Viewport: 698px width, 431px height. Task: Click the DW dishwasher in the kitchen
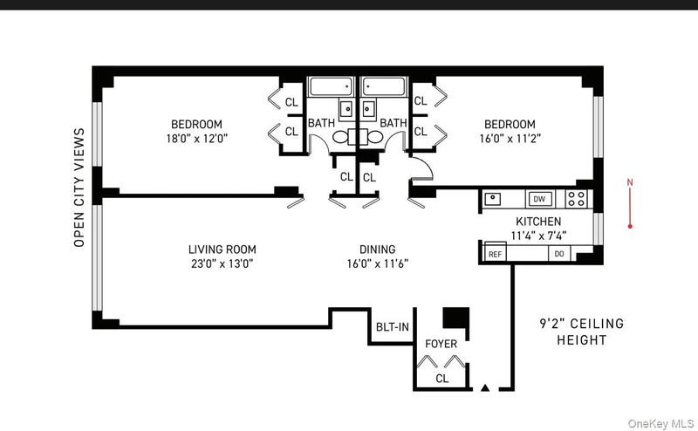click(x=539, y=199)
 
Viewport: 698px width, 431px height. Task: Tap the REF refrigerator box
click(x=495, y=252)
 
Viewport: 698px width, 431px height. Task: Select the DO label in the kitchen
click(x=559, y=253)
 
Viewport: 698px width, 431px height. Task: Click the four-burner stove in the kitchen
click(x=577, y=199)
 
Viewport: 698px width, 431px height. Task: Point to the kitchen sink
click(x=493, y=199)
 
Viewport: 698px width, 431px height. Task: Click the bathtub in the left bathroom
click(x=332, y=86)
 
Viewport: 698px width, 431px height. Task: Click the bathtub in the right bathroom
click(x=383, y=86)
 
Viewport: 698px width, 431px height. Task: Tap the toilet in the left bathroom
click(x=344, y=137)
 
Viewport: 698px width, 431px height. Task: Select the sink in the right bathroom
click(x=367, y=108)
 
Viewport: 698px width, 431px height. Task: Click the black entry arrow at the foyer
click(x=485, y=387)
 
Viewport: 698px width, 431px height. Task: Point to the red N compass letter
click(x=630, y=182)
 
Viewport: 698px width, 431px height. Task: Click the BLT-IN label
click(x=392, y=327)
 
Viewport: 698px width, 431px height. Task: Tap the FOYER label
click(x=441, y=344)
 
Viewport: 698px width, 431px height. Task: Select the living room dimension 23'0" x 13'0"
click(x=222, y=263)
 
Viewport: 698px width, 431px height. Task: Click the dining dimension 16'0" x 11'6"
click(x=378, y=263)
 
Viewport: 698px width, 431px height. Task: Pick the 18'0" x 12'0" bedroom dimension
click(x=197, y=139)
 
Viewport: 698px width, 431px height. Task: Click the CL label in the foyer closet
click(x=442, y=379)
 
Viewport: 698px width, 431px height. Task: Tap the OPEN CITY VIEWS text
click(x=79, y=188)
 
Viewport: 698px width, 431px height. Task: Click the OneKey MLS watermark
click(x=660, y=423)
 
